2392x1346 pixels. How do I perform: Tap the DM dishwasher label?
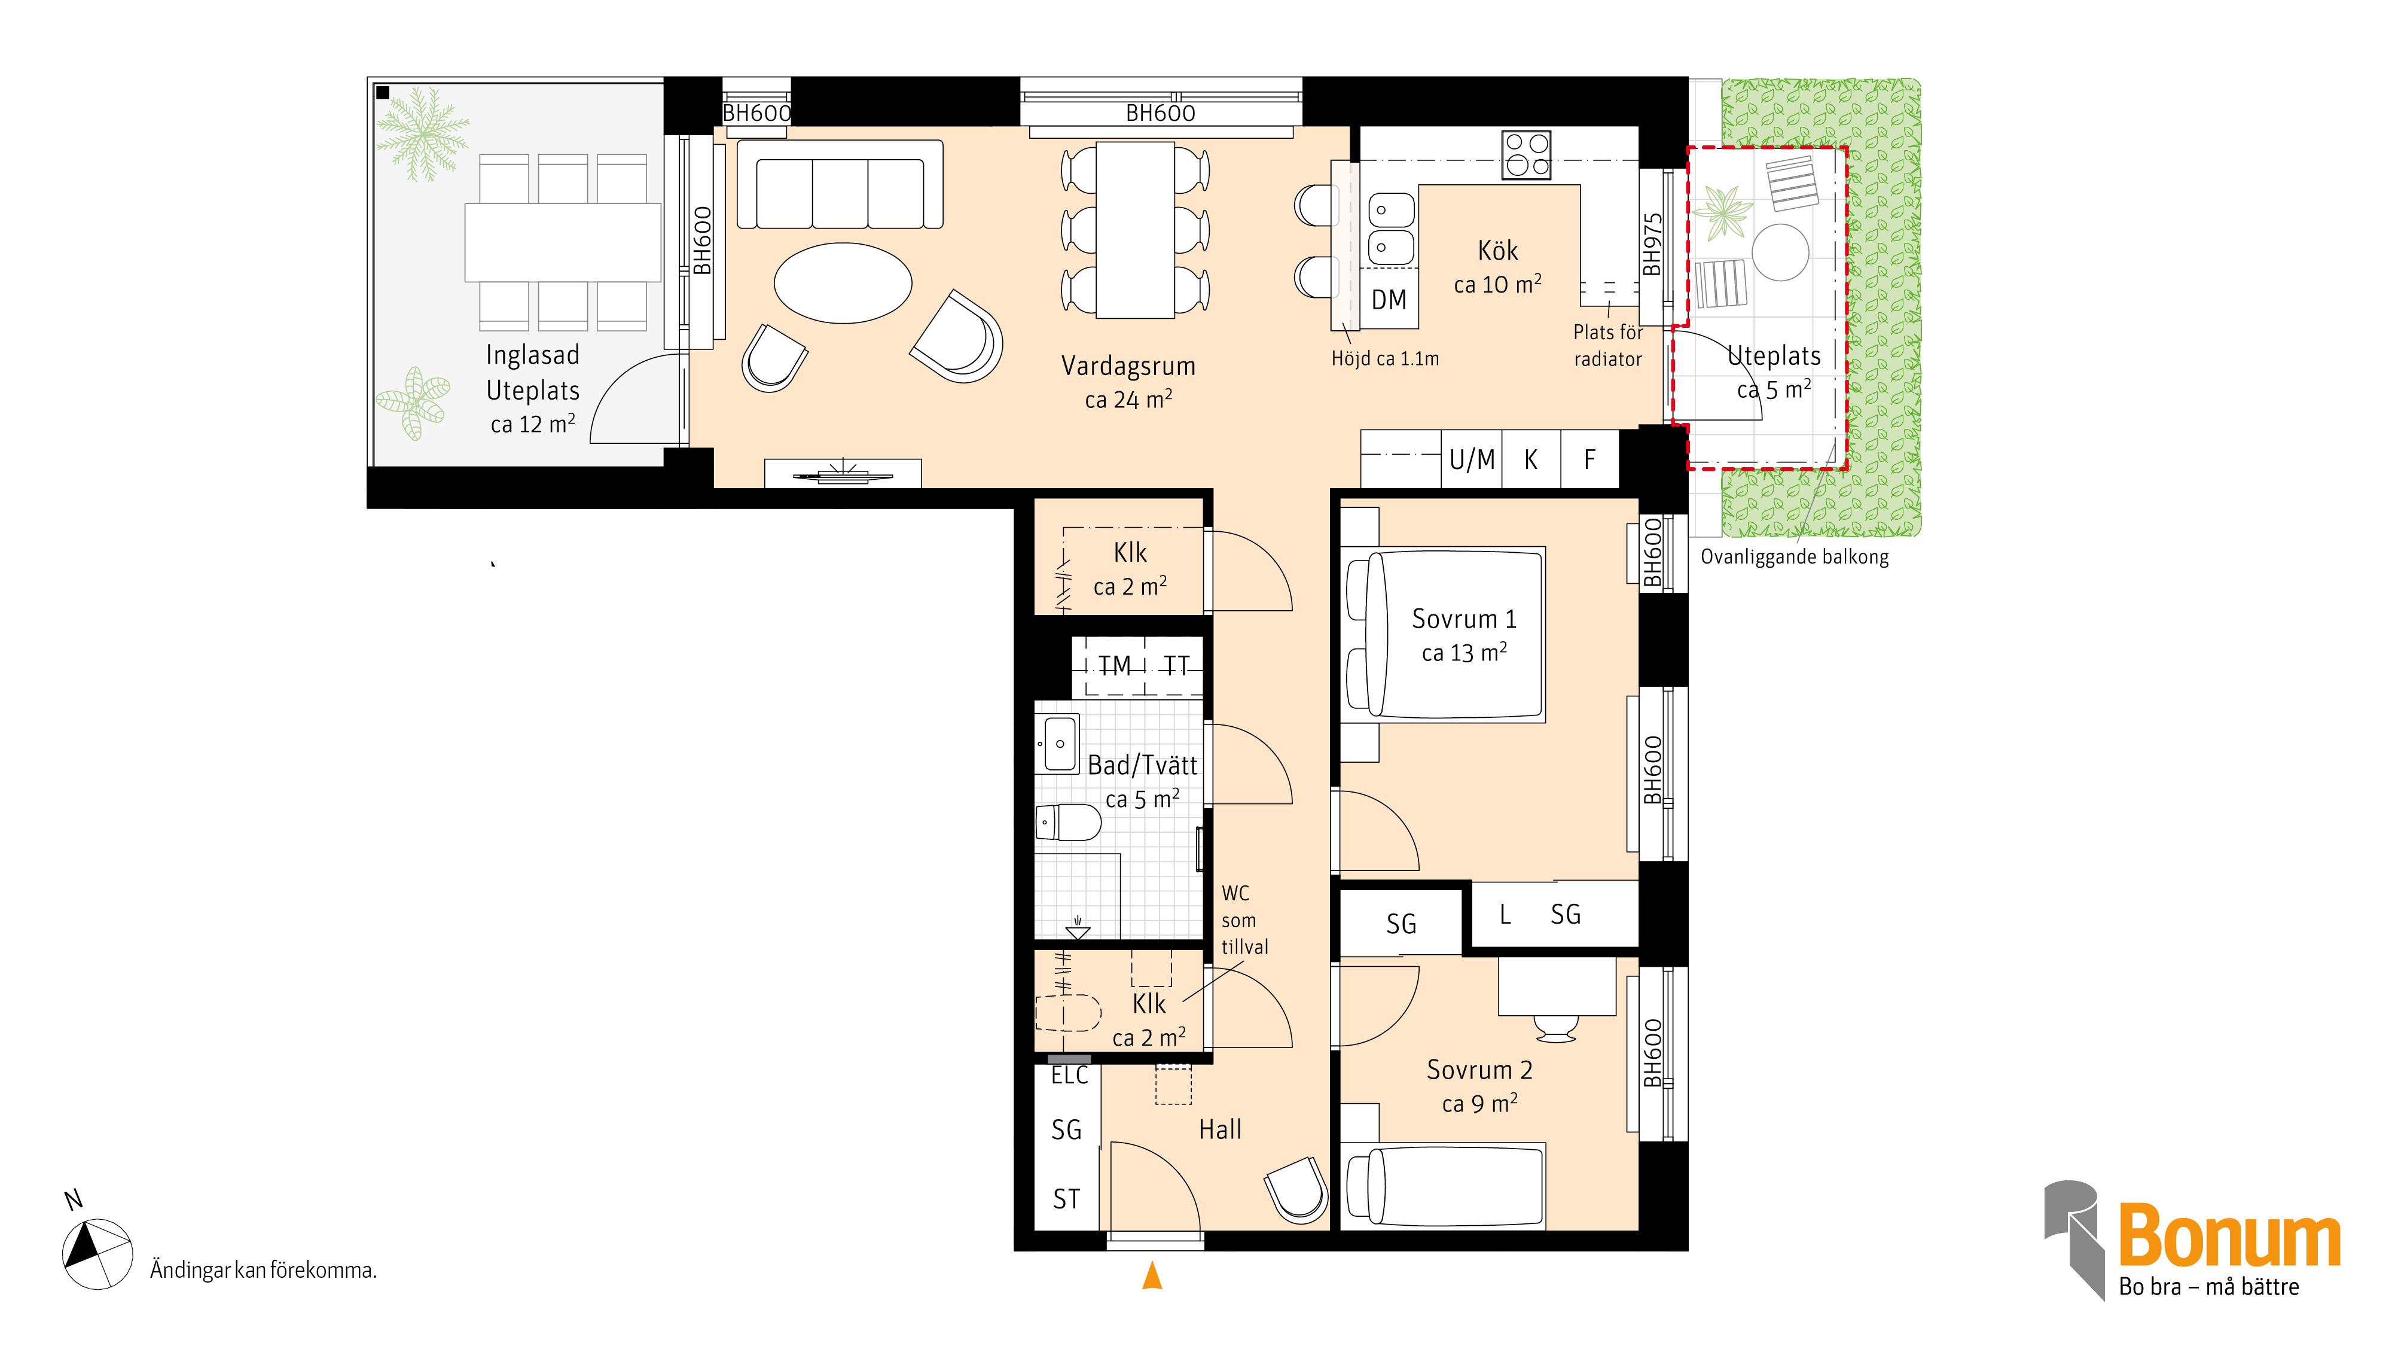[x=1389, y=300]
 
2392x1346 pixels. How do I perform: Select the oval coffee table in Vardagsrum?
[x=843, y=284]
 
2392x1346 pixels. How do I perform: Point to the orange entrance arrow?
[x=1152, y=1275]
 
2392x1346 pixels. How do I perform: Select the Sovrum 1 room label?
[x=1465, y=619]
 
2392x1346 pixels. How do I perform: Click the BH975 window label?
[x=1652, y=245]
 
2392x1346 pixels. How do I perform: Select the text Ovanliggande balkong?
[x=1794, y=558]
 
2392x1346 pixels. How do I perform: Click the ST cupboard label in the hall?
[x=1066, y=1199]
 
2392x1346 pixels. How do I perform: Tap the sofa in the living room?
[x=840, y=184]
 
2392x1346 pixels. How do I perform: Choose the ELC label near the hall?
[x=1070, y=1076]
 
